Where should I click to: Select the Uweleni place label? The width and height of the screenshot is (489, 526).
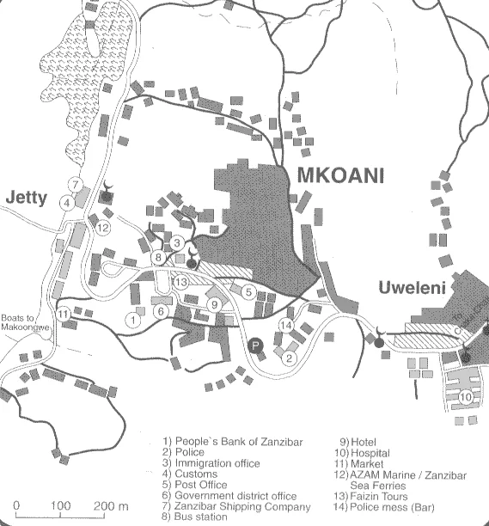pos(413,288)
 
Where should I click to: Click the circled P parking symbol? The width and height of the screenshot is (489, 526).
pos(255,346)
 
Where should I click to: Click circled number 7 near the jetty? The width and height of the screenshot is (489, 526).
pos(76,185)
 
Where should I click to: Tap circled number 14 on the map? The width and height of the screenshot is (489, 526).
pos(286,326)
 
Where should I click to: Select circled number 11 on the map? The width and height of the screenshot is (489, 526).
pos(63,314)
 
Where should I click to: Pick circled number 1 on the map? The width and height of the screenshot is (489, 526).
pos(133,320)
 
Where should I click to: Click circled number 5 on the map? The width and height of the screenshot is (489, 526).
pos(248,292)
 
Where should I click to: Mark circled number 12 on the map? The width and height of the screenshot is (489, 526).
pos(103,228)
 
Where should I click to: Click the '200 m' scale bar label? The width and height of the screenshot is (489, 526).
pos(111,505)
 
